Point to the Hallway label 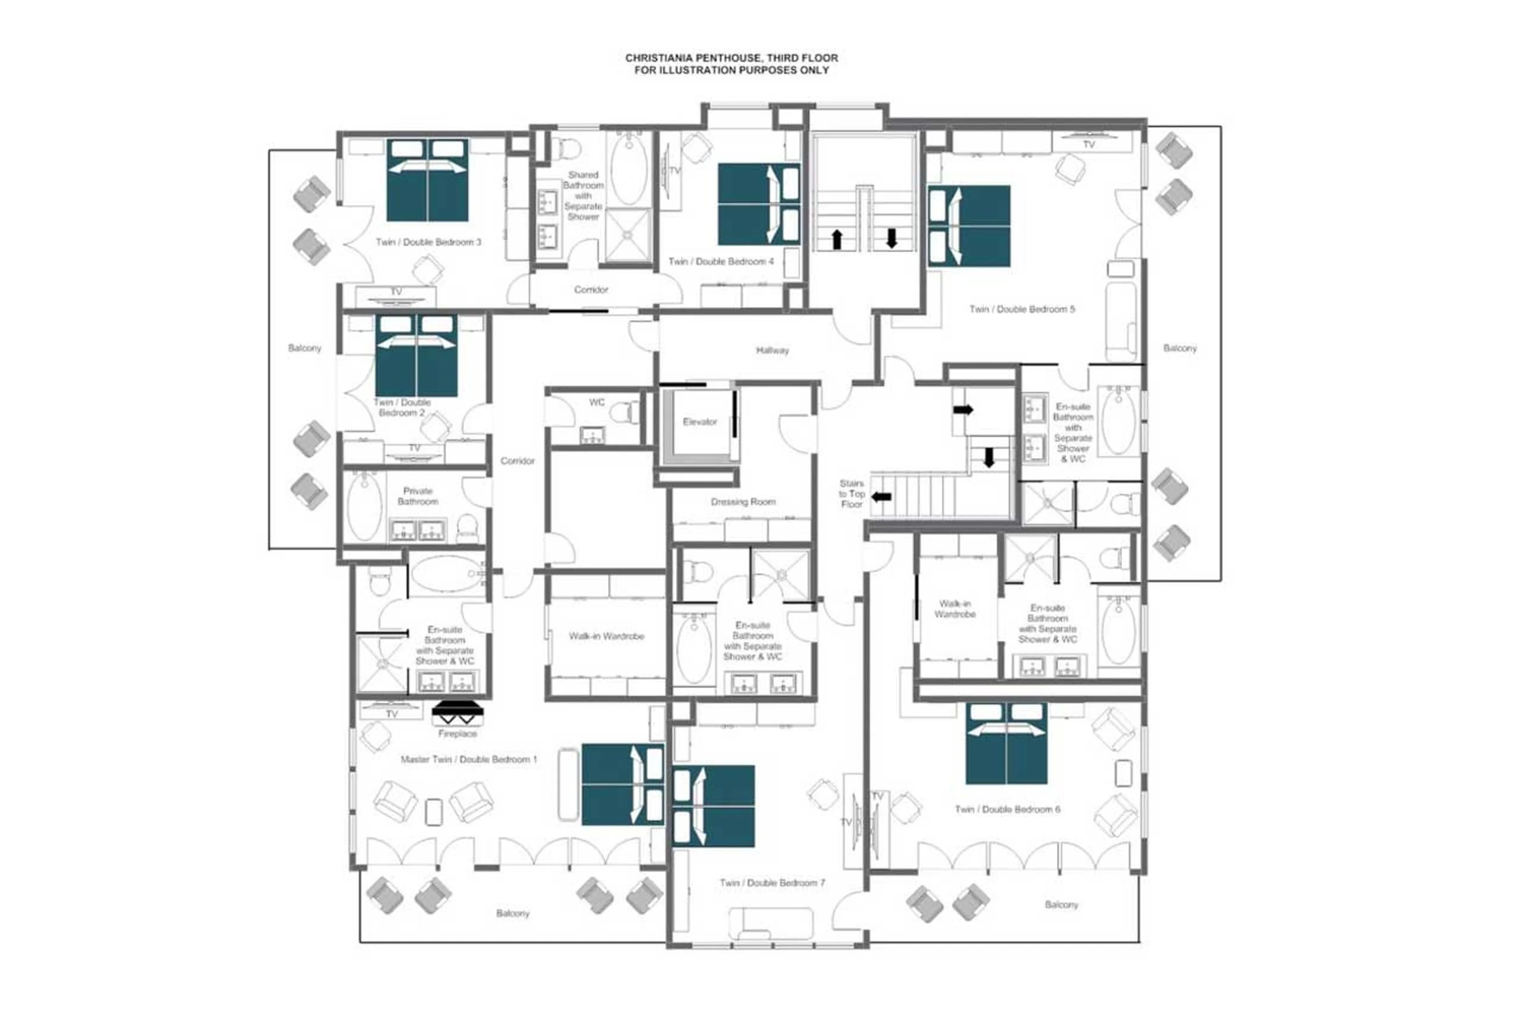pyautogui.click(x=772, y=350)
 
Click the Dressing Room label pyautogui.click(x=743, y=501)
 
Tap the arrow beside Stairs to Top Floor pyautogui.click(x=881, y=497)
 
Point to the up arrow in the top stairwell pyautogui.click(x=837, y=239)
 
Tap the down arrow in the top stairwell pyautogui.click(x=891, y=238)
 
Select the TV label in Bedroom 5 pyautogui.click(x=1088, y=145)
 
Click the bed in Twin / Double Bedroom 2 pyautogui.click(x=416, y=355)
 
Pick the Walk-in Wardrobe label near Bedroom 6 pyautogui.click(x=954, y=608)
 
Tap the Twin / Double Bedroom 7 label pyautogui.click(x=772, y=882)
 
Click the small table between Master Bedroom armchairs pyautogui.click(x=434, y=812)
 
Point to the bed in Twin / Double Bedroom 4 pyautogui.click(x=759, y=204)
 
